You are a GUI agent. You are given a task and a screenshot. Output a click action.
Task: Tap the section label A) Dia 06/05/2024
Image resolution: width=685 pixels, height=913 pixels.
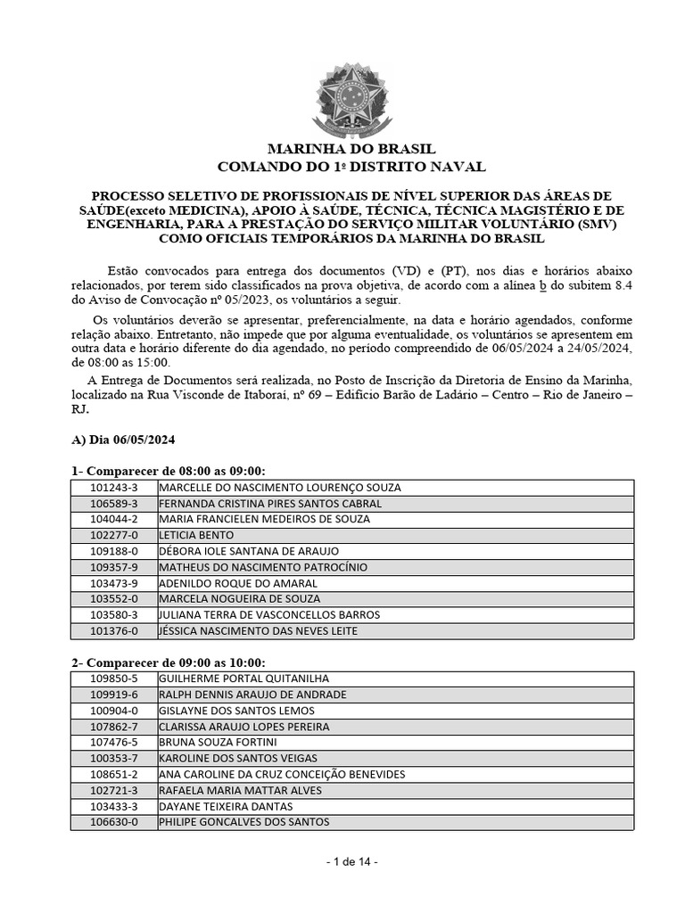pyautogui.click(x=124, y=440)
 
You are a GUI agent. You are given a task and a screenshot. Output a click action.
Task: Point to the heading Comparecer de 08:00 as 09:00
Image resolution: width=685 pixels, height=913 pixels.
pyautogui.click(x=169, y=471)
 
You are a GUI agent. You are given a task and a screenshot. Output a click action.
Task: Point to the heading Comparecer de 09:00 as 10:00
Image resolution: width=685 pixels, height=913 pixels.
pyautogui.click(x=169, y=662)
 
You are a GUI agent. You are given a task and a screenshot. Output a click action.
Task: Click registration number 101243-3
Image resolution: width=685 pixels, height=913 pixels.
pyautogui.click(x=114, y=488)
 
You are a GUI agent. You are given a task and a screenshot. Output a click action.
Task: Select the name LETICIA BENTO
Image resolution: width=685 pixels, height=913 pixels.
pyautogui.click(x=196, y=535)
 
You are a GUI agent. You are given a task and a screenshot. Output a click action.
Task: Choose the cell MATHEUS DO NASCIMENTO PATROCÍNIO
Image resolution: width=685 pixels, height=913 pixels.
pyautogui.click(x=262, y=567)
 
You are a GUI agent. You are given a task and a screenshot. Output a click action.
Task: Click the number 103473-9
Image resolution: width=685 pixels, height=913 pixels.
pyautogui.click(x=114, y=583)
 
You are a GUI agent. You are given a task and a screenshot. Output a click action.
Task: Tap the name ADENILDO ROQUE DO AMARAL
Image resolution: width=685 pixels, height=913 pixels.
pyautogui.click(x=238, y=583)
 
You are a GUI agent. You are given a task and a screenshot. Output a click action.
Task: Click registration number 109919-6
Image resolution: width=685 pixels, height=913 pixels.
pyautogui.click(x=114, y=695)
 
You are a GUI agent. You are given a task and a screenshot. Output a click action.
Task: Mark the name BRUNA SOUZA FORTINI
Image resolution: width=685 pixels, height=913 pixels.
pyautogui.click(x=218, y=742)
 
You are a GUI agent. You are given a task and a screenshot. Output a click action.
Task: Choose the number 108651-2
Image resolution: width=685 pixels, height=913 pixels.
pyautogui.click(x=114, y=774)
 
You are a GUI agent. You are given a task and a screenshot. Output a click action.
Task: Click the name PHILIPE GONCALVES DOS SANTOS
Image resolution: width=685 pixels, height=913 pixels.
pyautogui.click(x=243, y=822)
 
